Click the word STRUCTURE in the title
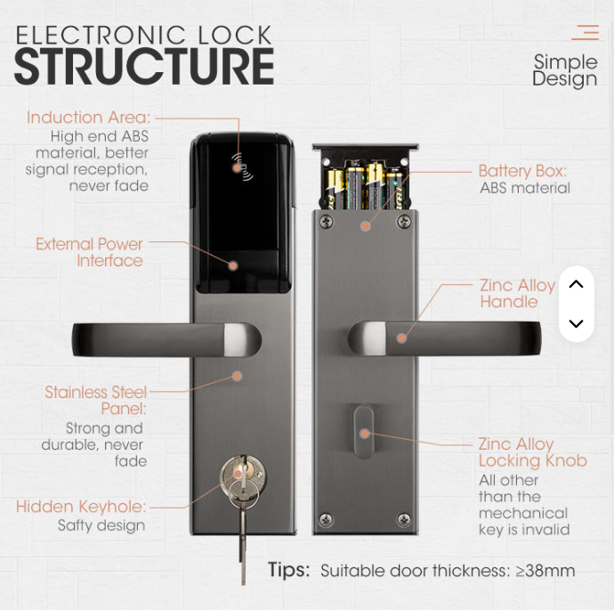pos(144,66)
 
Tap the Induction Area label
pos(88,118)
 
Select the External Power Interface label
pos(89,252)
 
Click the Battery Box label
pos(522,171)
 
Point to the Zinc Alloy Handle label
pos(517,294)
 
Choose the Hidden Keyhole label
pos(81,507)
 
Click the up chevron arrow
pos(576,284)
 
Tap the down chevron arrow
pos(576,323)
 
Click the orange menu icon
pos(586,33)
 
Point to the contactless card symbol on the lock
pos(242,167)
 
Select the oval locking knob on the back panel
pos(363,432)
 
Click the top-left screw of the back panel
pos(326,222)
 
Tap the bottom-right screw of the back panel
pos(404,519)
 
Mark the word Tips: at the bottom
pos(288,570)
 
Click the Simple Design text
pos(565,70)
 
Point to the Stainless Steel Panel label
pos(95,401)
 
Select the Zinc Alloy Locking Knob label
pos(532,452)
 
